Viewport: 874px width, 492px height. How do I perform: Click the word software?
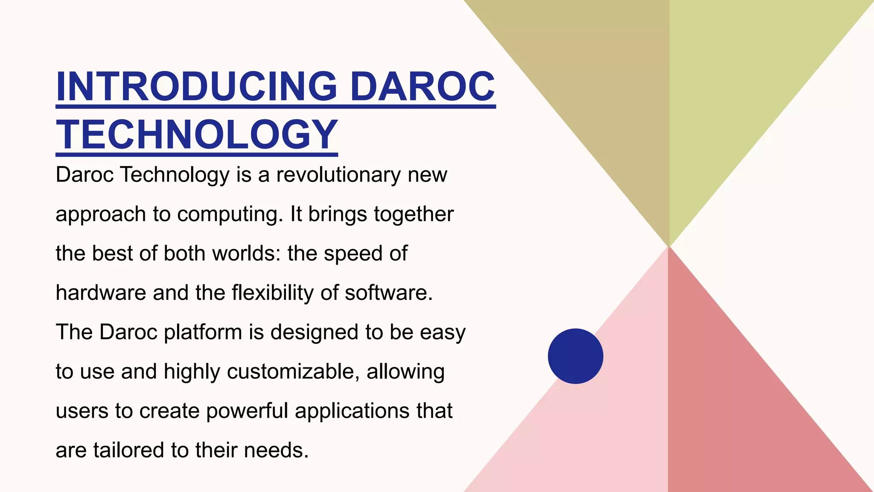(x=388, y=293)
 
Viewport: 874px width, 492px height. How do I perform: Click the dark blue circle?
(x=575, y=356)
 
